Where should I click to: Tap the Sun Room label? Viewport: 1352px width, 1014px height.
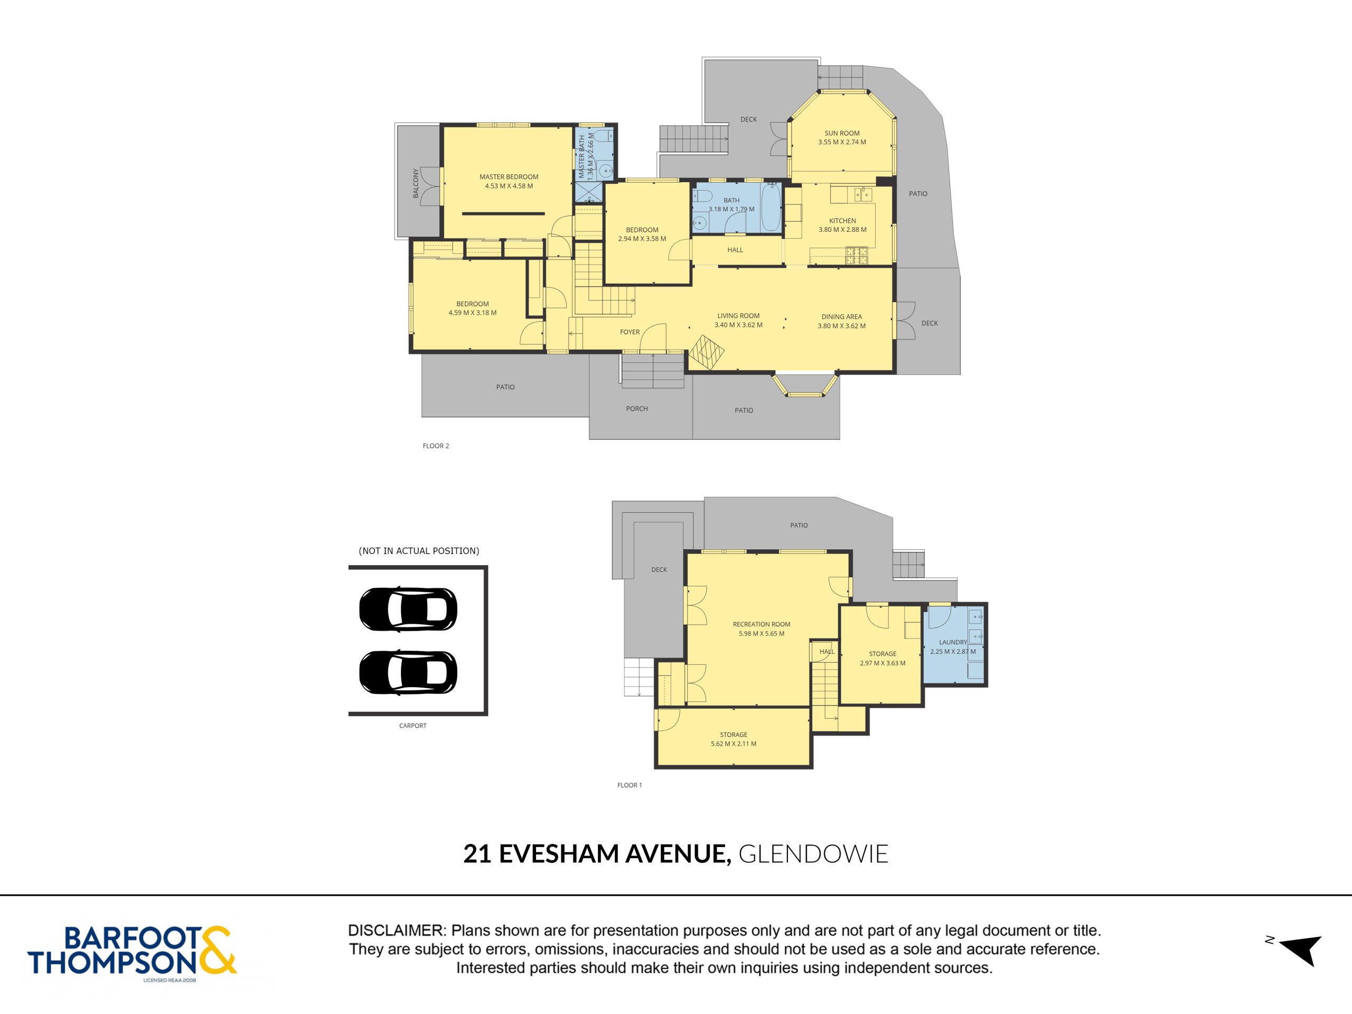tap(842, 133)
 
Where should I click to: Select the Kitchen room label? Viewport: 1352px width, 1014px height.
tap(842, 221)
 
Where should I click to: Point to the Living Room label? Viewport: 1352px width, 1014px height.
tap(738, 316)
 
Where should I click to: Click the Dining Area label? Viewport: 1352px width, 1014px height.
tap(842, 316)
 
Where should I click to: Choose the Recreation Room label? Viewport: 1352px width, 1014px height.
tap(762, 624)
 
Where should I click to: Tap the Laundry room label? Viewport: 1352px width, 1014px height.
tap(953, 642)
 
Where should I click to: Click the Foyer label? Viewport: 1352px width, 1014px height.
tap(630, 332)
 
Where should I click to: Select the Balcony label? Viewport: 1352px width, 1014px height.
tap(416, 183)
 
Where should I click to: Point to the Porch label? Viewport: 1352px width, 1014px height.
tap(637, 408)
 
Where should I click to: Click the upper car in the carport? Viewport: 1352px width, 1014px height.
tap(408, 609)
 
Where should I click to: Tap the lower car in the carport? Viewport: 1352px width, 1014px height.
tap(408, 672)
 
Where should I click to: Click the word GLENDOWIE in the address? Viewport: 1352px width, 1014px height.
tap(813, 854)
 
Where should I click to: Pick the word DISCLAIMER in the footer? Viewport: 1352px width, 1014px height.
tap(396, 930)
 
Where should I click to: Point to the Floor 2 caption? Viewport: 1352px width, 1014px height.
tap(436, 446)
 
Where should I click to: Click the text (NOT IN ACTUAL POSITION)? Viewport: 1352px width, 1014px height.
tap(419, 551)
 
